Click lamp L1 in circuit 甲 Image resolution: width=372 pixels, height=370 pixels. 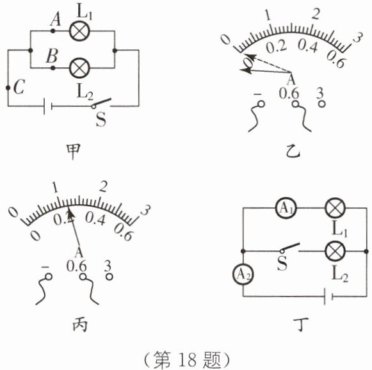click(x=79, y=31)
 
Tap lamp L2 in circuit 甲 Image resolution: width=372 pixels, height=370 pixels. click(x=79, y=68)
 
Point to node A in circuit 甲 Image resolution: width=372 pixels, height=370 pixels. click(x=53, y=31)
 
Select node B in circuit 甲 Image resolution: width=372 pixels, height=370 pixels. click(x=53, y=68)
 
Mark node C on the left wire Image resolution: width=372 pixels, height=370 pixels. click(x=8, y=88)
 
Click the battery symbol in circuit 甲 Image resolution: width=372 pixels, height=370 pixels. click(x=48, y=106)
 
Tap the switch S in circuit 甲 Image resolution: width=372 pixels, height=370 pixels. click(x=102, y=104)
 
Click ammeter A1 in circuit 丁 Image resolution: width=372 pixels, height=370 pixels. click(x=286, y=208)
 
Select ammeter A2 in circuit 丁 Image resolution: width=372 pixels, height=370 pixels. click(x=243, y=275)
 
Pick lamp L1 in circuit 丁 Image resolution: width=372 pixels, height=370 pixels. click(x=335, y=208)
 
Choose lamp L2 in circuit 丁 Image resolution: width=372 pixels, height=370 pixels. click(x=335, y=252)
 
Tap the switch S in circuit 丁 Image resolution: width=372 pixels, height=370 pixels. click(x=290, y=248)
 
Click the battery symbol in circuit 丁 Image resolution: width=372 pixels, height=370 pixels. click(x=328, y=296)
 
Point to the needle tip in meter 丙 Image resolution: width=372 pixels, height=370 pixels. click(x=69, y=207)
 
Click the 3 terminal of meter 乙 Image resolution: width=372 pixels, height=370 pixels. click(x=321, y=104)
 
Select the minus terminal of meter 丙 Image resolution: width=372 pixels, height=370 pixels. click(x=49, y=277)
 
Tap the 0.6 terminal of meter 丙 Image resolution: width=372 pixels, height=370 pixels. click(x=83, y=277)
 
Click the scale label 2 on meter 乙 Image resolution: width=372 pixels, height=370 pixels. click(x=316, y=14)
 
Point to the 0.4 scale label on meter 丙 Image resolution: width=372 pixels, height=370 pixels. click(x=95, y=219)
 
